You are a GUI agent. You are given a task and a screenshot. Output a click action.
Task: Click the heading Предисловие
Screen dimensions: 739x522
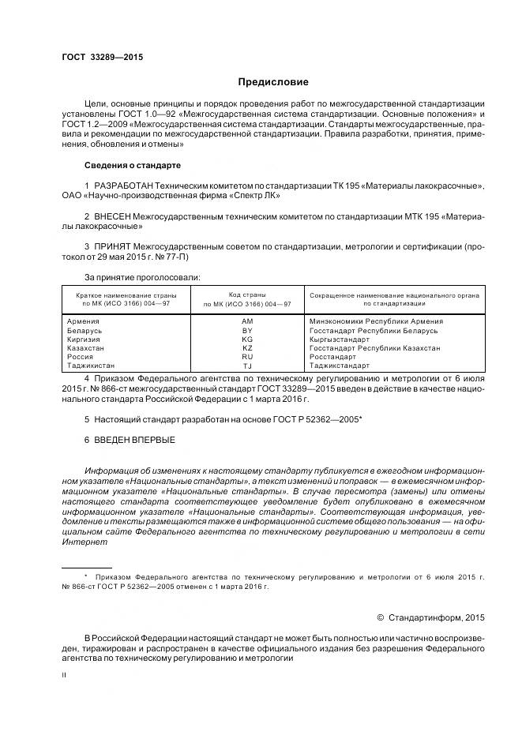pos(273,82)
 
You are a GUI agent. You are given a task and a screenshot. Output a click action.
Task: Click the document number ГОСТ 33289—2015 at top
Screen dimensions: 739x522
pos(102,58)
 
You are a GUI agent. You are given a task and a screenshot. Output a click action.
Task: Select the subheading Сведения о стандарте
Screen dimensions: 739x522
pos(133,166)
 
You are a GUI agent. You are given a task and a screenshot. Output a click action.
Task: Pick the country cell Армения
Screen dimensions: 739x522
pos(84,321)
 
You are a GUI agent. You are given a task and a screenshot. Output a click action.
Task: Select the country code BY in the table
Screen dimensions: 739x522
pos(247,331)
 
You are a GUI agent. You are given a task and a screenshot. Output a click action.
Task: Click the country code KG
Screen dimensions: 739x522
pos(247,339)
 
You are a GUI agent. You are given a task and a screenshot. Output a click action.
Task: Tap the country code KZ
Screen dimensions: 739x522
pos(247,348)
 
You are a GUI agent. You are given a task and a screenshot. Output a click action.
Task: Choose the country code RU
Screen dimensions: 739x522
pos(247,357)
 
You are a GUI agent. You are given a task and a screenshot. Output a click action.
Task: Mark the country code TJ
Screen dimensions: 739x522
pos(247,366)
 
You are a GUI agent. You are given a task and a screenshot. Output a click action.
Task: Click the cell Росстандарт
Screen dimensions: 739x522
pos(334,357)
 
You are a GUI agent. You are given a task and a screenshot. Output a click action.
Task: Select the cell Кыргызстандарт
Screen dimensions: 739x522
pos(340,339)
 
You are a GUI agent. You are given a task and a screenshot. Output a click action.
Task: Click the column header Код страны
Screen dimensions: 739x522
pos(246,294)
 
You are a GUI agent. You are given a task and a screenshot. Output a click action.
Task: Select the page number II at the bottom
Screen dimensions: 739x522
pos(64,675)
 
